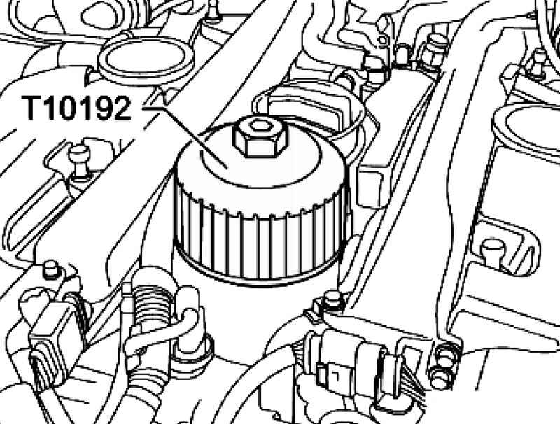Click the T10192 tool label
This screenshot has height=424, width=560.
click(x=76, y=108)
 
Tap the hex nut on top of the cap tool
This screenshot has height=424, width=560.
click(x=260, y=137)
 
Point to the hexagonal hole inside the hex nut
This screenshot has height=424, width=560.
click(x=258, y=126)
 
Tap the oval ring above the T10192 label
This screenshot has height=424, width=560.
click(x=146, y=58)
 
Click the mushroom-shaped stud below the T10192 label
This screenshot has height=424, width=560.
click(x=80, y=162)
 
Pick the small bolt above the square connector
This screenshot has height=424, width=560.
click(x=50, y=270)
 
